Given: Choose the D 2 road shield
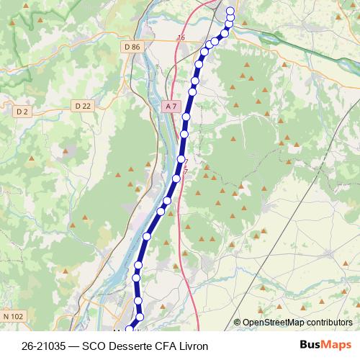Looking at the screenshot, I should (x=22, y=111).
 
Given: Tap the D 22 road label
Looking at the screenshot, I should (x=83, y=106).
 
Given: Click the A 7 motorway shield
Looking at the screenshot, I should (x=170, y=106).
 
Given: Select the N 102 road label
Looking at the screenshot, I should (x=14, y=316).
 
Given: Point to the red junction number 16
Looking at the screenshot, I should (x=180, y=37).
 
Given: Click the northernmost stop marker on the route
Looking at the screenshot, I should (x=230, y=11).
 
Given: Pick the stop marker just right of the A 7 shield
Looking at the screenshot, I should (x=186, y=116).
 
